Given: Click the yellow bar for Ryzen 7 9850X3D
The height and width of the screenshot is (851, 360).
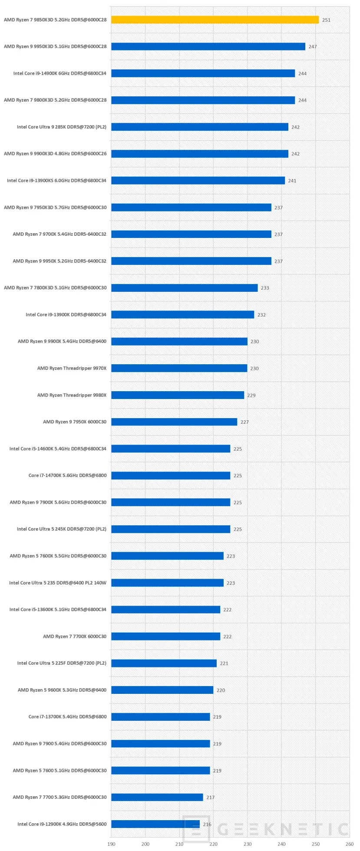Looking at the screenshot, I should point(215,20).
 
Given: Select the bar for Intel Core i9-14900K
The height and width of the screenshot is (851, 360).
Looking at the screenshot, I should point(203,73).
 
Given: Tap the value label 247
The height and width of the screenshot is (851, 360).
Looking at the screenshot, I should point(313,47).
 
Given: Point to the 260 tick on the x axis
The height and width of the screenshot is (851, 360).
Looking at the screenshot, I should point(349,844).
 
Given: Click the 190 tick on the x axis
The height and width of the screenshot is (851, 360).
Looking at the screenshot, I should point(111,844).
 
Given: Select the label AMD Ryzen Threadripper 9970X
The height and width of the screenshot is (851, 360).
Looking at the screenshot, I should point(72,368).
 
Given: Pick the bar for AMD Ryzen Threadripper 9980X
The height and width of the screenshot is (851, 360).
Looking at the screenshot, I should point(178,395).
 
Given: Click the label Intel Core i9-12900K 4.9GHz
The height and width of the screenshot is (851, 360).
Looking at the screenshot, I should point(62,824).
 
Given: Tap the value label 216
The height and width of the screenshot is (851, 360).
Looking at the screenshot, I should point(207,824).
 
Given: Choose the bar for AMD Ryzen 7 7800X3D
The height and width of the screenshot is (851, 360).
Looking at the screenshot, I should point(184,288).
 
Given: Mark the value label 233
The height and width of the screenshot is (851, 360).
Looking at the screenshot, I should point(265,288).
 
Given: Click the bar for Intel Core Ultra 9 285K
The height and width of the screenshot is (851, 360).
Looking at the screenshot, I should point(200,127).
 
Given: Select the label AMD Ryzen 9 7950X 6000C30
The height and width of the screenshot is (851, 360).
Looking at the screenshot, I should point(75,422).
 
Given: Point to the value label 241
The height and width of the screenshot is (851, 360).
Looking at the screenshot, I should point(292,181).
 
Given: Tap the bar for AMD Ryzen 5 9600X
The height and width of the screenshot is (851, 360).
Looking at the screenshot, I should point(162,690).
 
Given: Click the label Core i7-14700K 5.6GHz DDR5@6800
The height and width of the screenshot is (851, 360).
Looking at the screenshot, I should point(67,475).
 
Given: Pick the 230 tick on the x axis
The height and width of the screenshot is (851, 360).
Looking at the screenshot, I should point(247,844).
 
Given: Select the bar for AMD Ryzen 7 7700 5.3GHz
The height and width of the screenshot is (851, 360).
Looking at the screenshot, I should point(157,797).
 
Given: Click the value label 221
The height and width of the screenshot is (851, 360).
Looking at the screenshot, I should point(224,663).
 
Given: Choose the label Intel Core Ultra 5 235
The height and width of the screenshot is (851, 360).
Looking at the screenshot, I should point(58,583).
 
